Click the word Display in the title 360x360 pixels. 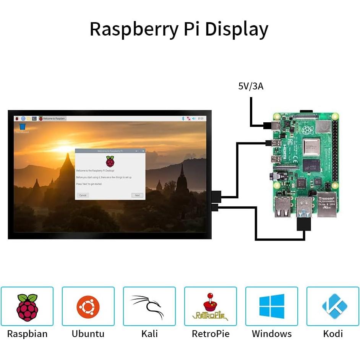pyautogui.click(x=237, y=29)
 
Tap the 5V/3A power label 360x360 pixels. pyautogui.click(x=251, y=86)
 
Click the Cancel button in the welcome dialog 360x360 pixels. pyautogui.click(x=83, y=195)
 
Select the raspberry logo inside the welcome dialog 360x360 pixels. pyautogui.click(x=110, y=161)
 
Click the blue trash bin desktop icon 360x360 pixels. pyautogui.click(x=22, y=126)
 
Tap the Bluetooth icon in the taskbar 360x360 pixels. pyautogui.click(x=183, y=119)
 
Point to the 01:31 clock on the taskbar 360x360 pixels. pyautogui.click(x=201, y=119)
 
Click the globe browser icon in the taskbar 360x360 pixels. pyautogui.click(x=23, y=119)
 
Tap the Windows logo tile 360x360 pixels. pyautogui.click(x=271, y=306)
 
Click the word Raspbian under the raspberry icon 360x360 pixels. pyautogui.click(x=27, y=334)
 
